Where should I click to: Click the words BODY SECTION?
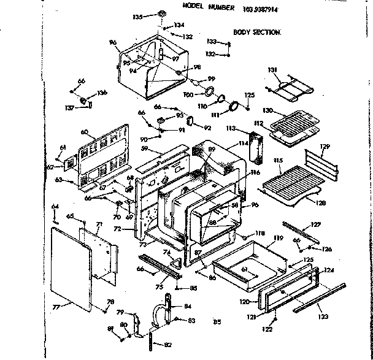click(257, 31)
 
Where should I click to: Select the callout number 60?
click(84, 132)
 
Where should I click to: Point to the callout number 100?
click(188, 95)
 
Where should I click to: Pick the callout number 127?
click(315, 224)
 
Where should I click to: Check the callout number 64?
click(55, 205)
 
